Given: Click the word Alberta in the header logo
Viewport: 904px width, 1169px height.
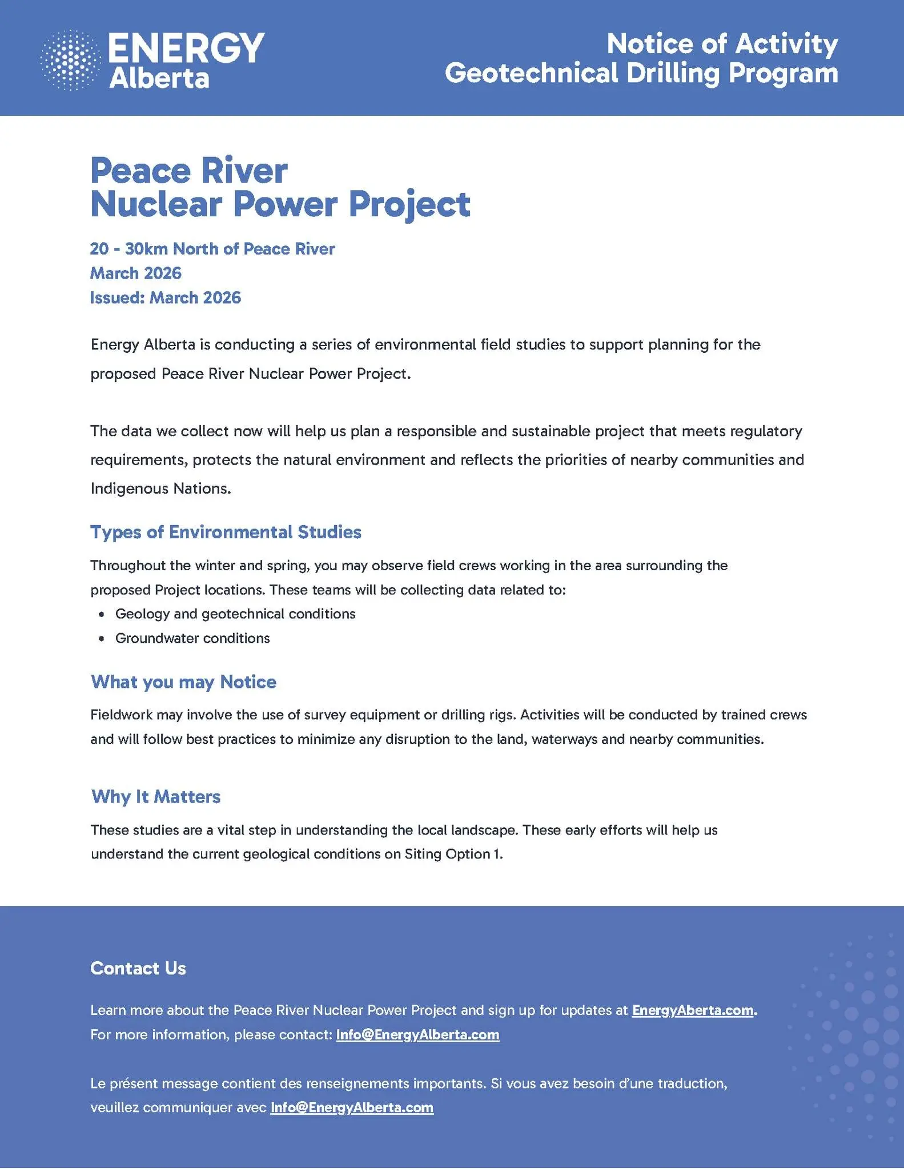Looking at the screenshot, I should click(159, 79).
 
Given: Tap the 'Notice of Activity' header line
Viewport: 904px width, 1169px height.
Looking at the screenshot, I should click(722, 44).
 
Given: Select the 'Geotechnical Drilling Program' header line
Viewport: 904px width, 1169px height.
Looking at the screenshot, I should click(641, 74).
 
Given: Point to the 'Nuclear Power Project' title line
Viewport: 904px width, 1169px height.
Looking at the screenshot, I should click(280, 204).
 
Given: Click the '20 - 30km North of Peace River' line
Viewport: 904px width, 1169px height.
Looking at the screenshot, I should click(212, 249).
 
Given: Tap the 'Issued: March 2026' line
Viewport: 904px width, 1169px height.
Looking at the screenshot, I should click(166, 298).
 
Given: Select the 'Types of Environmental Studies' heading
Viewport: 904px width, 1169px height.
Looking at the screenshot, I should click(226, 532).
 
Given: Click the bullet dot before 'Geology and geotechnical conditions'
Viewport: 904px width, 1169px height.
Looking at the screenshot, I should click(102, 614).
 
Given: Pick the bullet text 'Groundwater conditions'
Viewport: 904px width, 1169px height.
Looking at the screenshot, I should click(192, 638).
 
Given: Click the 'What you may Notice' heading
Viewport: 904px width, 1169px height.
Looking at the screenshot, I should click(183, 682).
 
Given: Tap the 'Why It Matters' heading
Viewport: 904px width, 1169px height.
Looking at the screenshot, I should click(156, 796).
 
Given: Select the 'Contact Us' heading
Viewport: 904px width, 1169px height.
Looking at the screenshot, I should click(138, 968).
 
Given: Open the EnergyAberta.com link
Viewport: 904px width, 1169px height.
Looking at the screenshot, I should click(692, 1010).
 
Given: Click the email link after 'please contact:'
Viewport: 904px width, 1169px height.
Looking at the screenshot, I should click(417, 1035).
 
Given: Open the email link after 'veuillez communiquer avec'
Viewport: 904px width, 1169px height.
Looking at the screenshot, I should click(352, 1107).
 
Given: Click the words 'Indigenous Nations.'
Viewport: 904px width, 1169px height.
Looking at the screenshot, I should click(160, 489).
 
